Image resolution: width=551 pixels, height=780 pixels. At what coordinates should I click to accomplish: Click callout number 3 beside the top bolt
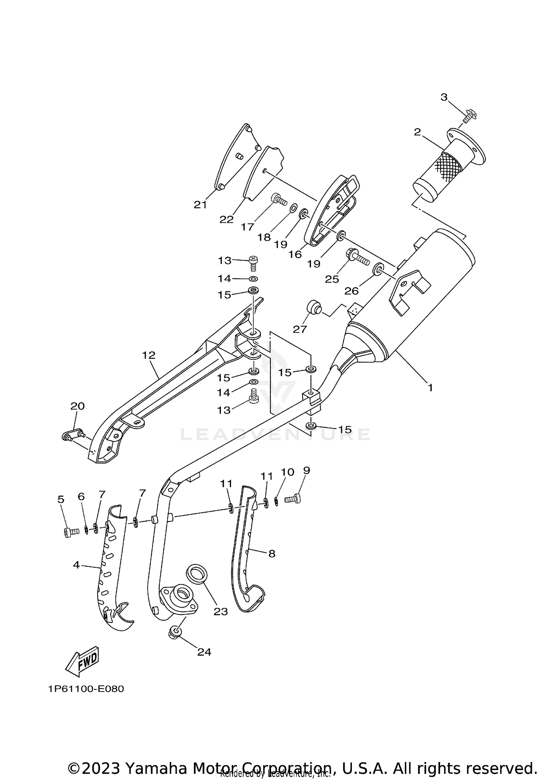444,97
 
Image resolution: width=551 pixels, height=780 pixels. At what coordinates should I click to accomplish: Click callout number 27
300,329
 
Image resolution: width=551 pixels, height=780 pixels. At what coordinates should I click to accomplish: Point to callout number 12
149,355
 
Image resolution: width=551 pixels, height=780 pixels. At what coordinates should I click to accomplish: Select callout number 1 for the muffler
430,387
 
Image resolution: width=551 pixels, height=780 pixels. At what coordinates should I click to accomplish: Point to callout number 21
201,205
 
